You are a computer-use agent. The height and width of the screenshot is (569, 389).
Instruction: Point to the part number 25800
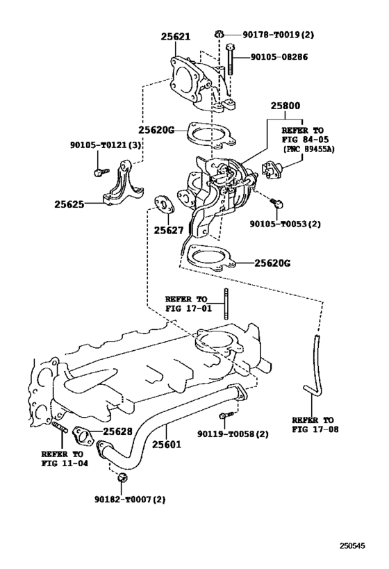pyautogui.click(x=285, y=105)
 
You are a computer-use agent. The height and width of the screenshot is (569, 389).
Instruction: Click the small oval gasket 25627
pyautogui.click(x=164, y=206)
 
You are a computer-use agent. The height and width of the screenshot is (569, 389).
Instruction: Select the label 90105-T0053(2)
pyautogui.click(x=286, y=224)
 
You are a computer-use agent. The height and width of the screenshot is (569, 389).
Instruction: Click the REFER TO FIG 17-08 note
pyautogui.click(x=313, y=425)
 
